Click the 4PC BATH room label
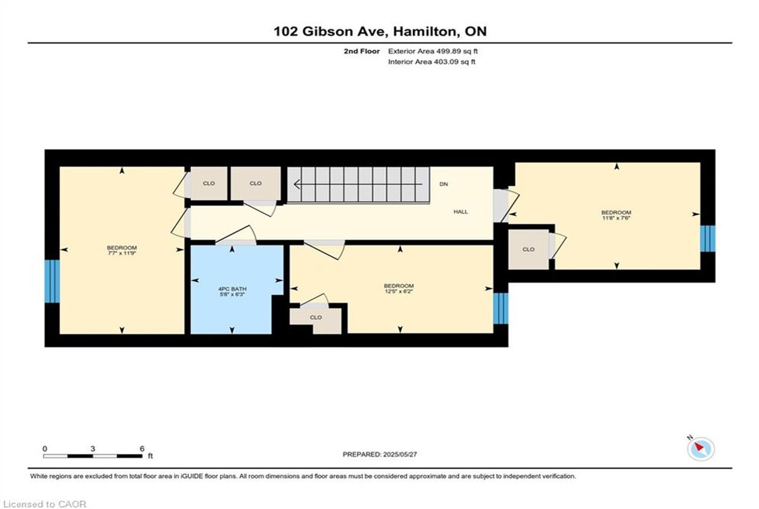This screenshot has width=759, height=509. pyautogui.click(x=232, y=289)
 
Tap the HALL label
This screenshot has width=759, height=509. pyautogui.click(x=461, y=212)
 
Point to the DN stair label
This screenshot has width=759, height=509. pyautogui.click(x=443, y=184)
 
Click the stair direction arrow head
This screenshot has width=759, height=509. pyautogui.click(x=297, y=184)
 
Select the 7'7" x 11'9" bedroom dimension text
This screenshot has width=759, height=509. pyautogui.click(x=121, y=253)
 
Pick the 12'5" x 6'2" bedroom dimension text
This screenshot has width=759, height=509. pyautogui.click(x=399, y=291)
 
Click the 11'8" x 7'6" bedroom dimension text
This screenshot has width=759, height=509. pyautogui.click(x=616, y=218)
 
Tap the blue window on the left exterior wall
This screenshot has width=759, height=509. pyautogui.click(x=52, y=281)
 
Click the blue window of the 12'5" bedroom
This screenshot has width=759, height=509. pyautogui.click(x=500, y=309)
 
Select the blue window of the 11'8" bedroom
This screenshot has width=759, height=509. pyautogui.click(x=708, y=239)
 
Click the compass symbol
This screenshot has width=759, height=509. pyautogui.click(x=701, y=449)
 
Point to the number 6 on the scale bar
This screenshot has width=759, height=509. pyautogui.click(x=142, y=449)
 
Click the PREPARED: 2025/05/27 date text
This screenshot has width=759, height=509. pyautogui.click(x=380, y=455)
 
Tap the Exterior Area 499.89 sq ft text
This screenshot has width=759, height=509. pyautogui.click(x=433, y=51)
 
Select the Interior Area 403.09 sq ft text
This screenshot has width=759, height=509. pyautogui.click(x=431, y=62)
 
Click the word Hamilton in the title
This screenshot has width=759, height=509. pyautogui.click(x=425, y=32)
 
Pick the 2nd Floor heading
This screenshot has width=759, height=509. pyautogui.click(x=362, y=51)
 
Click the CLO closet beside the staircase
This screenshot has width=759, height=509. pyautogui.click(x=256, y=183)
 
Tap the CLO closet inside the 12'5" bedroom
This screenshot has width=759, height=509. pyautogui.click(x=316, y=317)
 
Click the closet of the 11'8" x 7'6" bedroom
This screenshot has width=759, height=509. pyautogui.click(x=529, y=250)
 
